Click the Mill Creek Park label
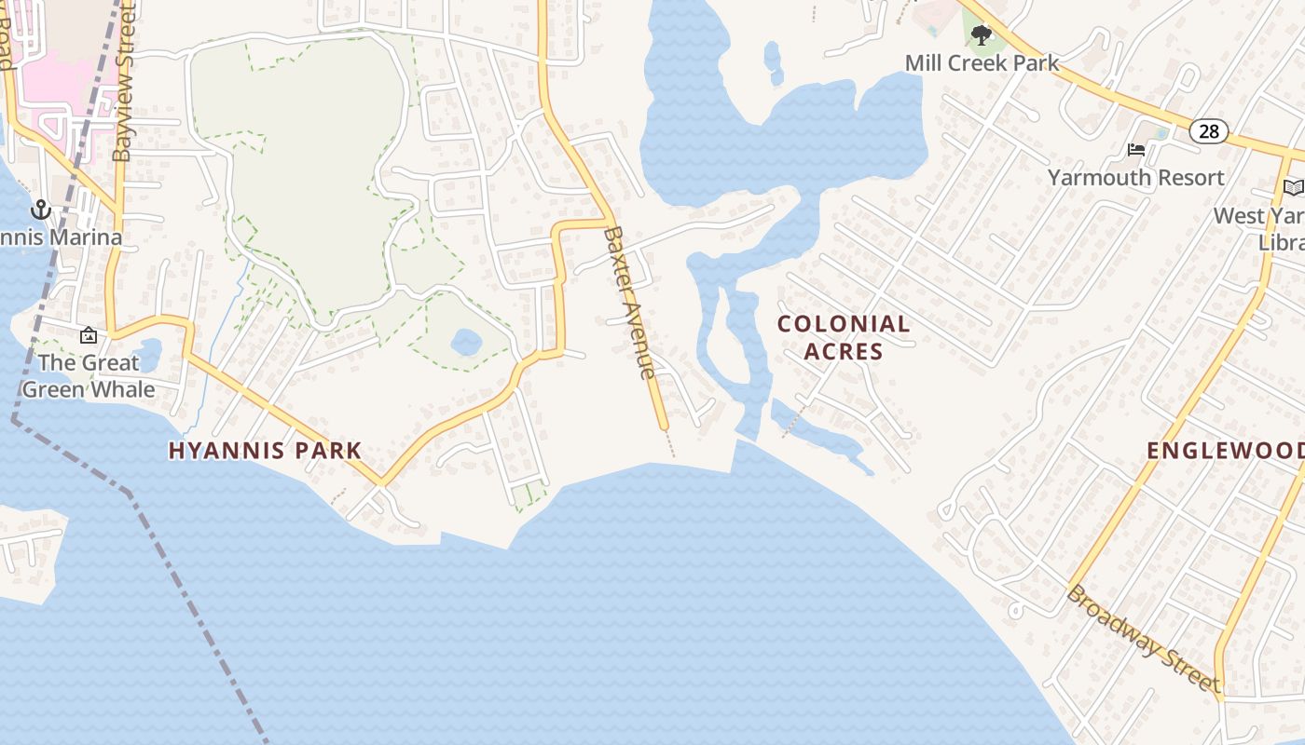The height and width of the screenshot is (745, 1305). point(982,63)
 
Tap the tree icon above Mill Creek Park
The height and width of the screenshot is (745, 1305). point(981,36)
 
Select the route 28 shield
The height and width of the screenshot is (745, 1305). point(1208,131)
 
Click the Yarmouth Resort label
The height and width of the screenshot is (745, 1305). point(1135,177)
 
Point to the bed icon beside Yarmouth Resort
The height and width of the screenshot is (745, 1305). point(1136,150)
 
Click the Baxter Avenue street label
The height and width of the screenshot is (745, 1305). point(628,303)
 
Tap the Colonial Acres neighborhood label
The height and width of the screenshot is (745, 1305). point(844,337)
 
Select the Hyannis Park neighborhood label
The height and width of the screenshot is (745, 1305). point(265,451)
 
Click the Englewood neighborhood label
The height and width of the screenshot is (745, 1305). point(1225,451)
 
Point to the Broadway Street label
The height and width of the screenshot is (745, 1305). point(1143,639)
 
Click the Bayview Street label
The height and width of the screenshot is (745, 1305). point(124,84)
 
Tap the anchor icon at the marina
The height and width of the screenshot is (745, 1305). point(40,210)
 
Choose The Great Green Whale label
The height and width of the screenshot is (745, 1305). point(89,375)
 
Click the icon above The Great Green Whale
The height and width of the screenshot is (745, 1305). point(89,335)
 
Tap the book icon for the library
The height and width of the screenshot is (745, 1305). point(1294,188)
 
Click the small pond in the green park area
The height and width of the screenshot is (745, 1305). point(466,342)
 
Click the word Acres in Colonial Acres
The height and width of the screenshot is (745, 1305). point(844,351)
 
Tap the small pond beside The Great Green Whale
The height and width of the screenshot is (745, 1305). point(149,355)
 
